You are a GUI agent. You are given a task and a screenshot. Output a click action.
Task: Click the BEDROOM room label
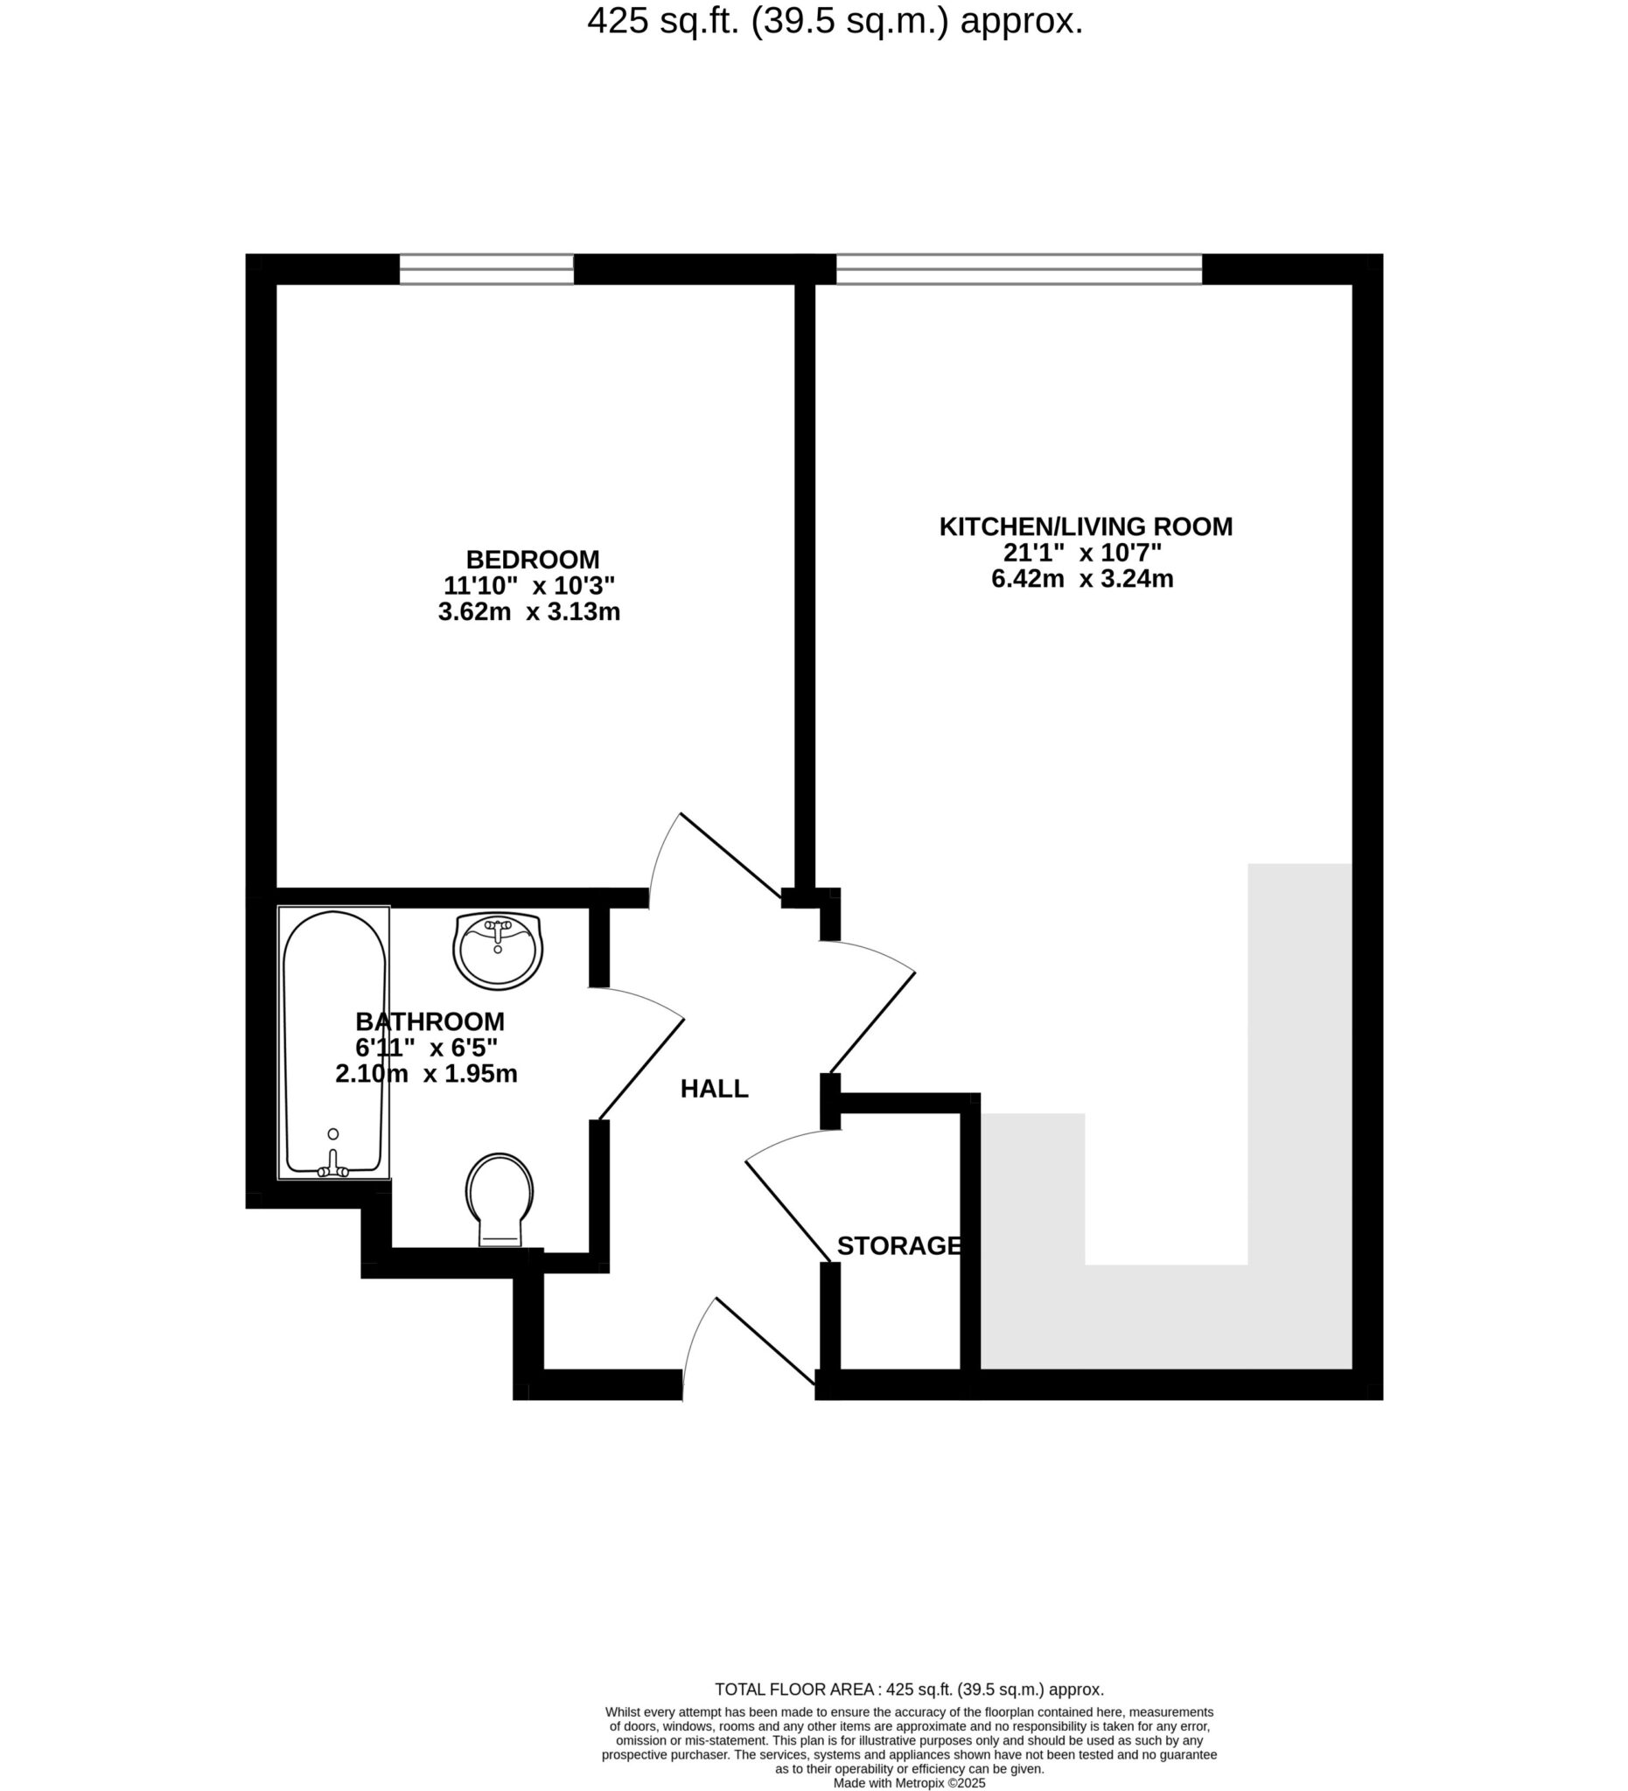point(532,560)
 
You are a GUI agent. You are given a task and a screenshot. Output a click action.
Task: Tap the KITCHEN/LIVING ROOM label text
point(1085,526)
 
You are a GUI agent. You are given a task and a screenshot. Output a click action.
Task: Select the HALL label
point(714,1088)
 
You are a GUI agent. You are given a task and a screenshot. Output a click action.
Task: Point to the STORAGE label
point(898,1246)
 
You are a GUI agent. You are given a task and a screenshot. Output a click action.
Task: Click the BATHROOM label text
point(430,1021)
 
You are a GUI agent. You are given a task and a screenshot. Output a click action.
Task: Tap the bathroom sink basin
point(498,950)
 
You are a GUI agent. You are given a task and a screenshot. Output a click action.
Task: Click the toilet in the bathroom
point(500,1199)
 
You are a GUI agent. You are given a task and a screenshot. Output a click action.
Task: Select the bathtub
point(334,1042)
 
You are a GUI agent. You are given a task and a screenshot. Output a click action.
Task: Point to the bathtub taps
point(333,1163)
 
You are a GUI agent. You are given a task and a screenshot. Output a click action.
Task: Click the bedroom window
point(486,269)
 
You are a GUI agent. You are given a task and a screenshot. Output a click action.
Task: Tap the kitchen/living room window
point(1018,269)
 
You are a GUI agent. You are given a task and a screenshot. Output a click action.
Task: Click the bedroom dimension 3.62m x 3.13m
point(528,612)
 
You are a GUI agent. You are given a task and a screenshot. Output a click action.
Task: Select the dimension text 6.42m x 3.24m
point(1082,579)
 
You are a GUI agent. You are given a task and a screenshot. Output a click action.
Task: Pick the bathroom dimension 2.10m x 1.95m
point(427,1074)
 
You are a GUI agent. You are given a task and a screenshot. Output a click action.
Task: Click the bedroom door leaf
point(731,854)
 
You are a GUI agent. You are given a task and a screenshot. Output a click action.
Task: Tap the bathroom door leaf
point(641,1069)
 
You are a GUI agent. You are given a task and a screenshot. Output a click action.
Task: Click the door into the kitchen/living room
point(872,1023)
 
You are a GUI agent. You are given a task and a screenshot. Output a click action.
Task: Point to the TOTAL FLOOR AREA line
point(909,1689)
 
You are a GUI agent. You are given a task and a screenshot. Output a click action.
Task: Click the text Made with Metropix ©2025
point(909,1782)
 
